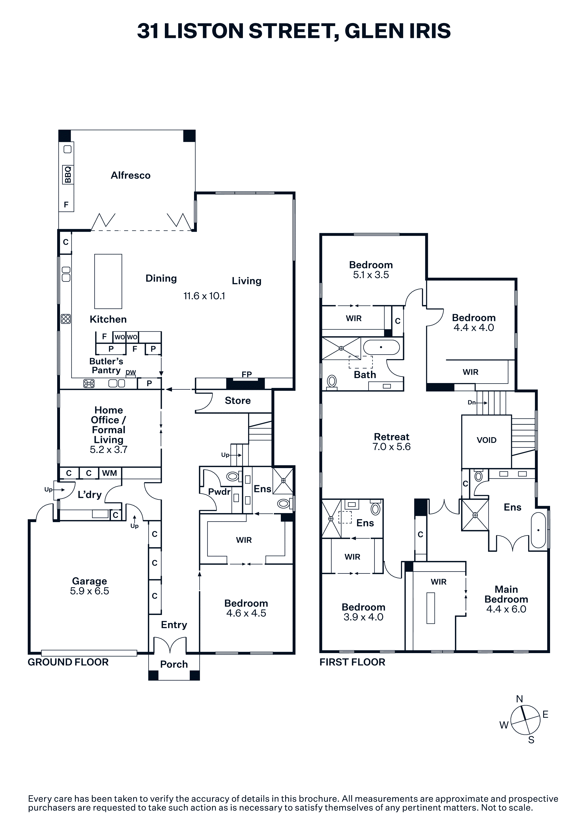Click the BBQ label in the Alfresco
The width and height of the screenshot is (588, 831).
[68, 175]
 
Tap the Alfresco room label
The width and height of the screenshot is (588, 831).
[130, 176]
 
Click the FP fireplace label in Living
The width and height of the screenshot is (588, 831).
[247, 374]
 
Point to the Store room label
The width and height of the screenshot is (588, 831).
[238, 401]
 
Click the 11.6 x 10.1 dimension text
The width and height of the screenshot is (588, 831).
[204, 296]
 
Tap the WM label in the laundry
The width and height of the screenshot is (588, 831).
[109, 473]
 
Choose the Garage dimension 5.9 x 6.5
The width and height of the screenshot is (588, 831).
[89, 591]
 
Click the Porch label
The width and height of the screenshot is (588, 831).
[174, 664]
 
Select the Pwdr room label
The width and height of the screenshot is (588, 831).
[219, 492]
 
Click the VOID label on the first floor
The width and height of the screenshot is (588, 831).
[486, 440]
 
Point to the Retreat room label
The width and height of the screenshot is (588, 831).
[392, 437]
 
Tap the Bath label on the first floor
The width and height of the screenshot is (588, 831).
[365, 375]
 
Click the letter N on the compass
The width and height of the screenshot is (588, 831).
[519, 699]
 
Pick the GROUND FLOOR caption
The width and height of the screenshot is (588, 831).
[68, 662]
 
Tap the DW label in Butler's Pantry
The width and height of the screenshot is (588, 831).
[131, 372]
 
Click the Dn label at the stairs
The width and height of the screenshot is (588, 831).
[471, 402]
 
